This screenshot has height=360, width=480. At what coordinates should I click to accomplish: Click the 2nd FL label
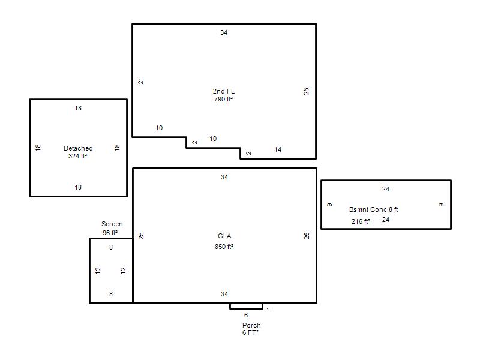(224, 91)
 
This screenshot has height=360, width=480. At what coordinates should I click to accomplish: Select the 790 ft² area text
(223, 99)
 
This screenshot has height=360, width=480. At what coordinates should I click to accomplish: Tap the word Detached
(78, 148)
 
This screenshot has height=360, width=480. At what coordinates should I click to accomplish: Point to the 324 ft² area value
(78, 156)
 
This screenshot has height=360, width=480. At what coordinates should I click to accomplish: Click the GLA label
(224, 236)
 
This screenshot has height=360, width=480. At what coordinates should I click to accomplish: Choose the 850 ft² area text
(224, 247)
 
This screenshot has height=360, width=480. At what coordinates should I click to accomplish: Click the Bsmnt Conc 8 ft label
(373, 209)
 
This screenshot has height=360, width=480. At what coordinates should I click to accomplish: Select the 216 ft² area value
(361, 221)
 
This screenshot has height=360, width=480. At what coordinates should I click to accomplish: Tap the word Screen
(112, 224)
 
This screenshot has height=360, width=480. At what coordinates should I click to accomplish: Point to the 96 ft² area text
(110, 233)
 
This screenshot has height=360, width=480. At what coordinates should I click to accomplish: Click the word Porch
(251, 325)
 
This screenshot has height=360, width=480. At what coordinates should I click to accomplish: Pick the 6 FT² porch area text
(250, 332)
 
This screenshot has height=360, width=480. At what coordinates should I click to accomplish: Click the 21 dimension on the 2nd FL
(140, 81)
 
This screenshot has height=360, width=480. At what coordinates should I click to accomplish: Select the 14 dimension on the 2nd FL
(278, 149)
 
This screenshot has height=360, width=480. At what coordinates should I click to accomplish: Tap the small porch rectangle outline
(246, 308)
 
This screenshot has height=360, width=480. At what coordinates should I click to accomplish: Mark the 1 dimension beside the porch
(269, 308)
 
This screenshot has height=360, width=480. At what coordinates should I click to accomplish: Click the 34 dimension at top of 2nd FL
(224, 32)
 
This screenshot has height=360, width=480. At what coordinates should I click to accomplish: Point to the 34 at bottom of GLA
(224, 294)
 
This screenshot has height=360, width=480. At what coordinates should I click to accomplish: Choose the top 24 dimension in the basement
(386, 189)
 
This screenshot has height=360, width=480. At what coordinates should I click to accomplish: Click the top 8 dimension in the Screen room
(111, 247)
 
